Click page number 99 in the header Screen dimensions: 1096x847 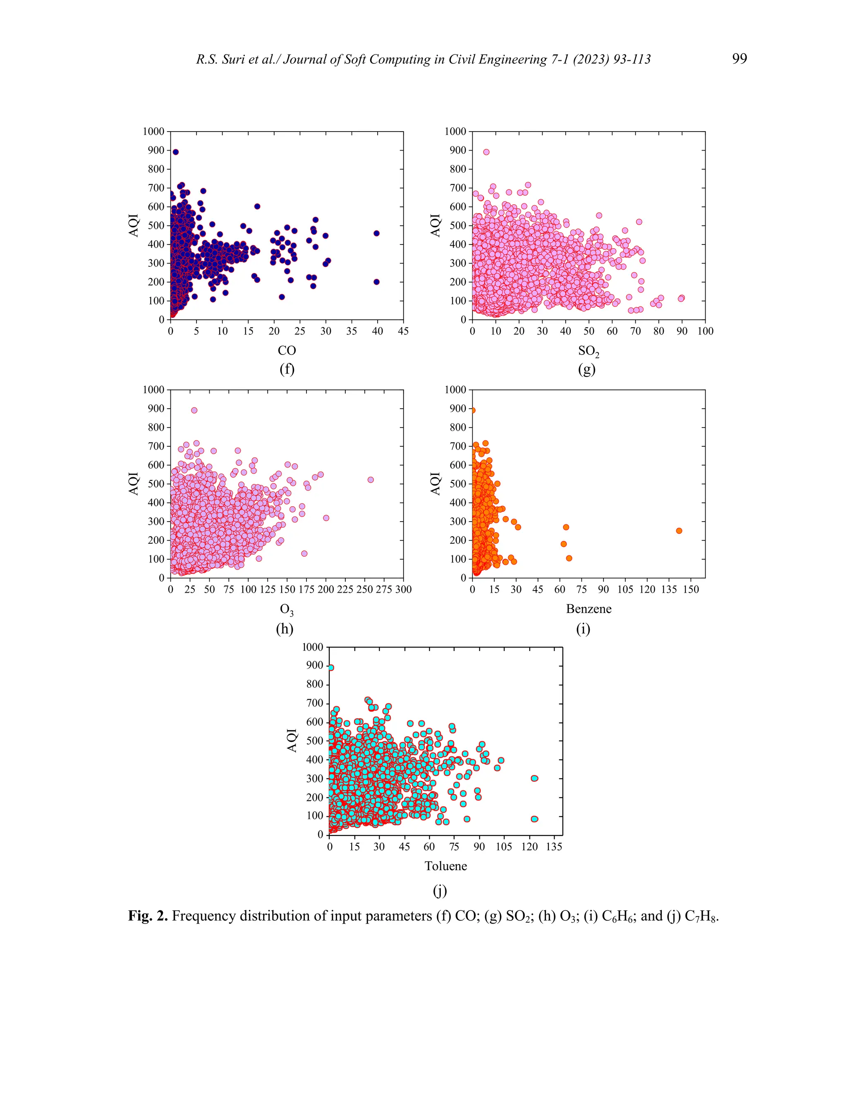[x=739, y=59]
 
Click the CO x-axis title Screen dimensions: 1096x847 [x=287, y=350]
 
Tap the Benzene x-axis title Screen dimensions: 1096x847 [x=588, y=609]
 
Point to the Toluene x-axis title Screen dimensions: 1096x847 [x=445, y=866]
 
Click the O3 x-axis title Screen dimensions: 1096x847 [x=287, y=610]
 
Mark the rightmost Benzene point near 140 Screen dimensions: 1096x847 [x=679, y=531]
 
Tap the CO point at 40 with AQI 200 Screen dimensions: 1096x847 [x=377, y=282]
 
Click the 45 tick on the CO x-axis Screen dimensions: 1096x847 [x=403, y=331]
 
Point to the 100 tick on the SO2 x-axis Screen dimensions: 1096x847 [x=705, y=331]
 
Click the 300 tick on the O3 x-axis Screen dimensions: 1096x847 [x=403, y=589]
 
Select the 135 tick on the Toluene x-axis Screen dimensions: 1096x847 [x=554, y=847]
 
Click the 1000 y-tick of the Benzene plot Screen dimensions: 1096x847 [x=455, y=390]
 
